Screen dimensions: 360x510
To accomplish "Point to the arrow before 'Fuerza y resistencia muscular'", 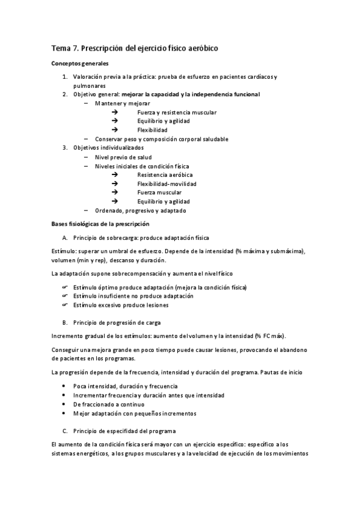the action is point(115,112).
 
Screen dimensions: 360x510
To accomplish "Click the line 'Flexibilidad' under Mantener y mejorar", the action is point(152,130).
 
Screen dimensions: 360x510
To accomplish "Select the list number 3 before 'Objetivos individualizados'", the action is point(65,148).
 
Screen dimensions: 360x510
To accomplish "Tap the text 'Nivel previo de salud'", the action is point(123,156).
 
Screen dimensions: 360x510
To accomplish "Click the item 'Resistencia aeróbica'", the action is point(165,174).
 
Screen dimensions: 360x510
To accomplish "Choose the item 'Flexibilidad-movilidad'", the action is point(166,183).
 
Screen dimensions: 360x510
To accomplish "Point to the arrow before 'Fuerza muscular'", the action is point(115,192).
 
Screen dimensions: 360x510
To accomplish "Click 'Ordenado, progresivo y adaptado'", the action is point(141,210).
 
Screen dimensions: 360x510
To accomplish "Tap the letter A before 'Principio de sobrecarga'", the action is point(65,238).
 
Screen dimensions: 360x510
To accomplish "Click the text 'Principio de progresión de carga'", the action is point(117,322).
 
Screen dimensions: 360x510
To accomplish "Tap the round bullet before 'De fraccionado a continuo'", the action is point(65,405).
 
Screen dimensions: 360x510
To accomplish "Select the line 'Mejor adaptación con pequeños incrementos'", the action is point(135,414).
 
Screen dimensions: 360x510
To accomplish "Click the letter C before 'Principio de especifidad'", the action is point(65,431).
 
